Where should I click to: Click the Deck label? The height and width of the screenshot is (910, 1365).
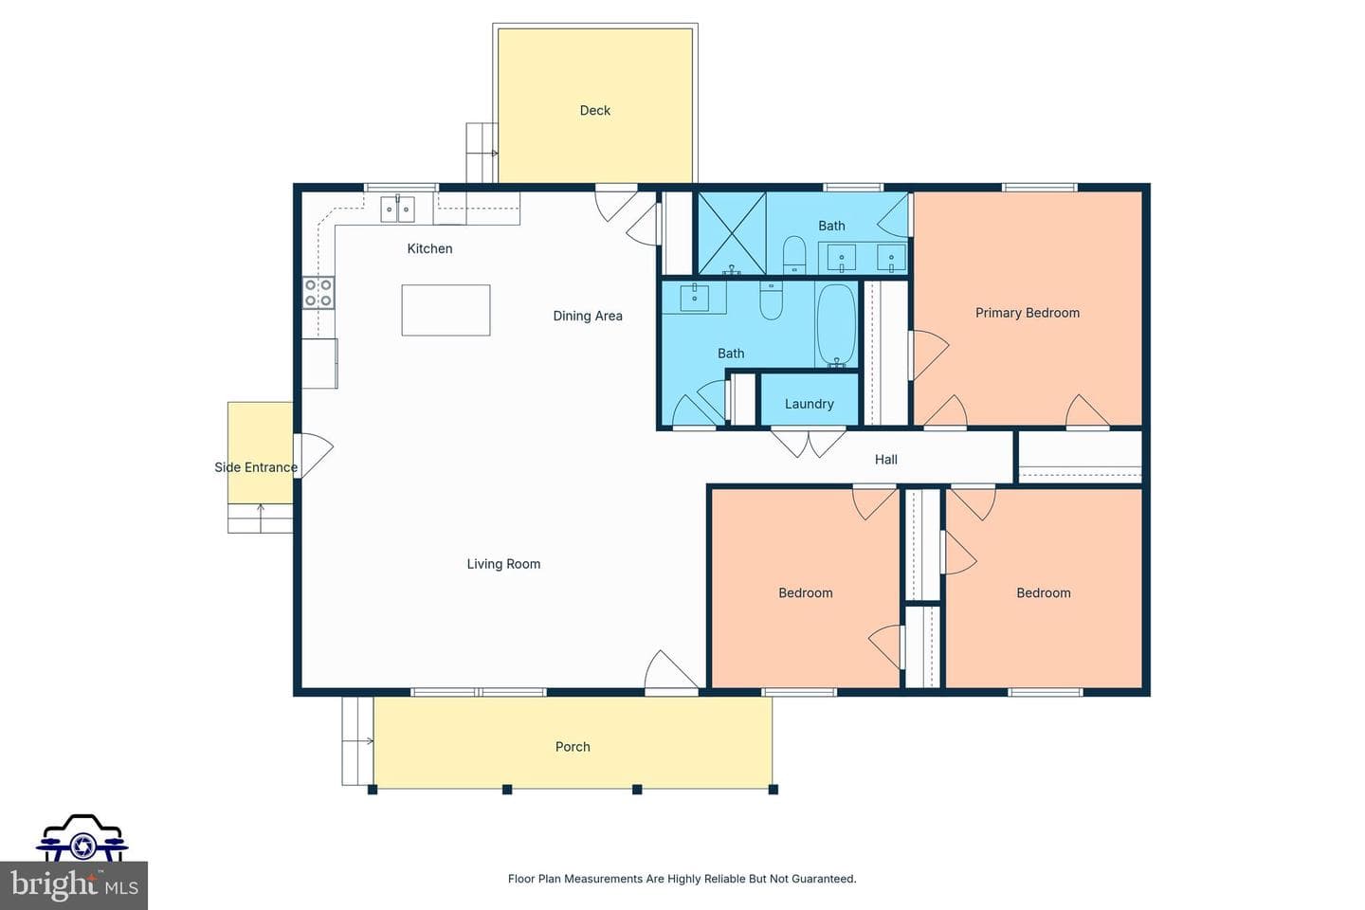click(594, 110)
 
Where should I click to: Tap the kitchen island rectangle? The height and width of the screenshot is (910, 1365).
click(446, 310)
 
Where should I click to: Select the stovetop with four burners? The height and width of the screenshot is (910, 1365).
click(318, 293)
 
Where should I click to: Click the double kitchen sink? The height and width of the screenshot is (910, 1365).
click(397, 209)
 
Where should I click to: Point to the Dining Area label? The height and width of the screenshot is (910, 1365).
click(588, 316)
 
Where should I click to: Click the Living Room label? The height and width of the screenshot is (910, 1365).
click(503, 564)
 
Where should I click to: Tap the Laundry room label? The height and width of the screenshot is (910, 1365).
click(809, 404)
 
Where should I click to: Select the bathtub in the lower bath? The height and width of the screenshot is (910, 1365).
click(837, 325)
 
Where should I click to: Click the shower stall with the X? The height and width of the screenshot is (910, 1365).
click(731, 233)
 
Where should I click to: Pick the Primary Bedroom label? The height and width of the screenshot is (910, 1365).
click(1027, 313)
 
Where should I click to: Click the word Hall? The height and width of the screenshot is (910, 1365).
click(885, 460)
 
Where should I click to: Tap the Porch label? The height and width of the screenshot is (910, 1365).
click(573, 747)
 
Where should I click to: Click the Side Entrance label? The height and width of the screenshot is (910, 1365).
click(255, 467)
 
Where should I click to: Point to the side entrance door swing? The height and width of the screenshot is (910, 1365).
click(315, 455)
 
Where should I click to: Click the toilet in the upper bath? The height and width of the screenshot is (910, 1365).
click(794, 255)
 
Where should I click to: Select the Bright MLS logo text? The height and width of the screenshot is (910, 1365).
click(74, 885)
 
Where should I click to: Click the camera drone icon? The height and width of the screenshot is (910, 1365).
click(82, 838)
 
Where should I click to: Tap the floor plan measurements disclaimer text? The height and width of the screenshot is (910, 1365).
click(682, 879)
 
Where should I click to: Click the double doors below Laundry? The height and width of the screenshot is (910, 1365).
click(808, 443)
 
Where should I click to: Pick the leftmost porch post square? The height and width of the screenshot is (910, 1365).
click(373, 790)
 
